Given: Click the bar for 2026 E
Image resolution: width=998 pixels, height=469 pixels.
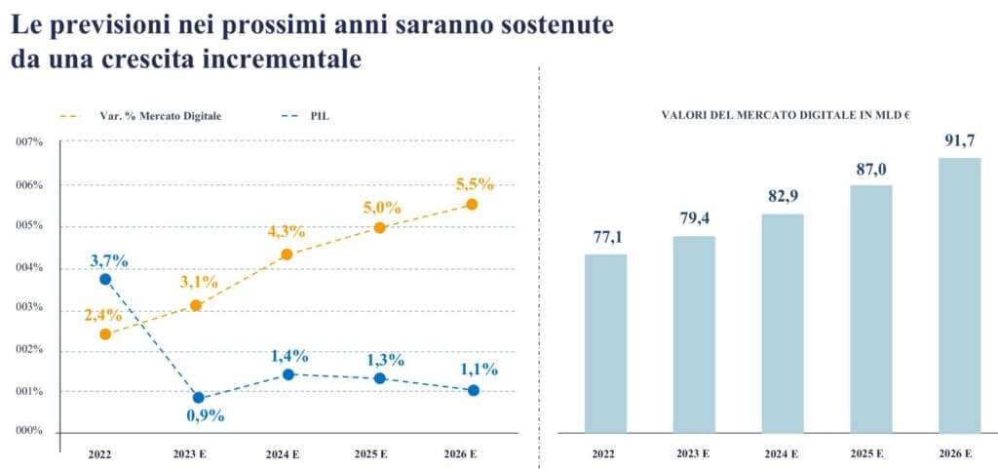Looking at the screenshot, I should click(959, 295).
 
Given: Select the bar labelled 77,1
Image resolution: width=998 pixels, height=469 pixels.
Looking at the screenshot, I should click(605, 343).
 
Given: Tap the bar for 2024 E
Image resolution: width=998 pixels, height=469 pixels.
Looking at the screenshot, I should click(783, 323).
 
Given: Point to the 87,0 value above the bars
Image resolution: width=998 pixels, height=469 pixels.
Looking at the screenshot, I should click(870, 170).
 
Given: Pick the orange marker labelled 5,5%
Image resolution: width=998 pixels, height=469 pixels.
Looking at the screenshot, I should click(472, 204).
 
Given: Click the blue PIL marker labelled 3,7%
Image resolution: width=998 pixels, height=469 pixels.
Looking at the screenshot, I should click(105, 279).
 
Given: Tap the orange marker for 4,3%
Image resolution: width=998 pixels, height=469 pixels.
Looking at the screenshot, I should click(287, 254).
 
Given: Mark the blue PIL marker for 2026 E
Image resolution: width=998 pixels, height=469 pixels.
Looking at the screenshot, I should click(473, 390).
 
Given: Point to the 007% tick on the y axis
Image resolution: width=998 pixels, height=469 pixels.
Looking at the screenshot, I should click(29, 142).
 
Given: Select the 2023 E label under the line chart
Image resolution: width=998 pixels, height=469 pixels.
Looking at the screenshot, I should click(197, 453).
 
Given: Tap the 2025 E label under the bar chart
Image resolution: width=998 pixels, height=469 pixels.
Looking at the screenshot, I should click(870, 453).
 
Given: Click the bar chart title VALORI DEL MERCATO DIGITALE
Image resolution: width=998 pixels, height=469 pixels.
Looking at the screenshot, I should click(785, 114).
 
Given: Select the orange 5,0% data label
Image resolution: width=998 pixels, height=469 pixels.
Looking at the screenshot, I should click(382, 208).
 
